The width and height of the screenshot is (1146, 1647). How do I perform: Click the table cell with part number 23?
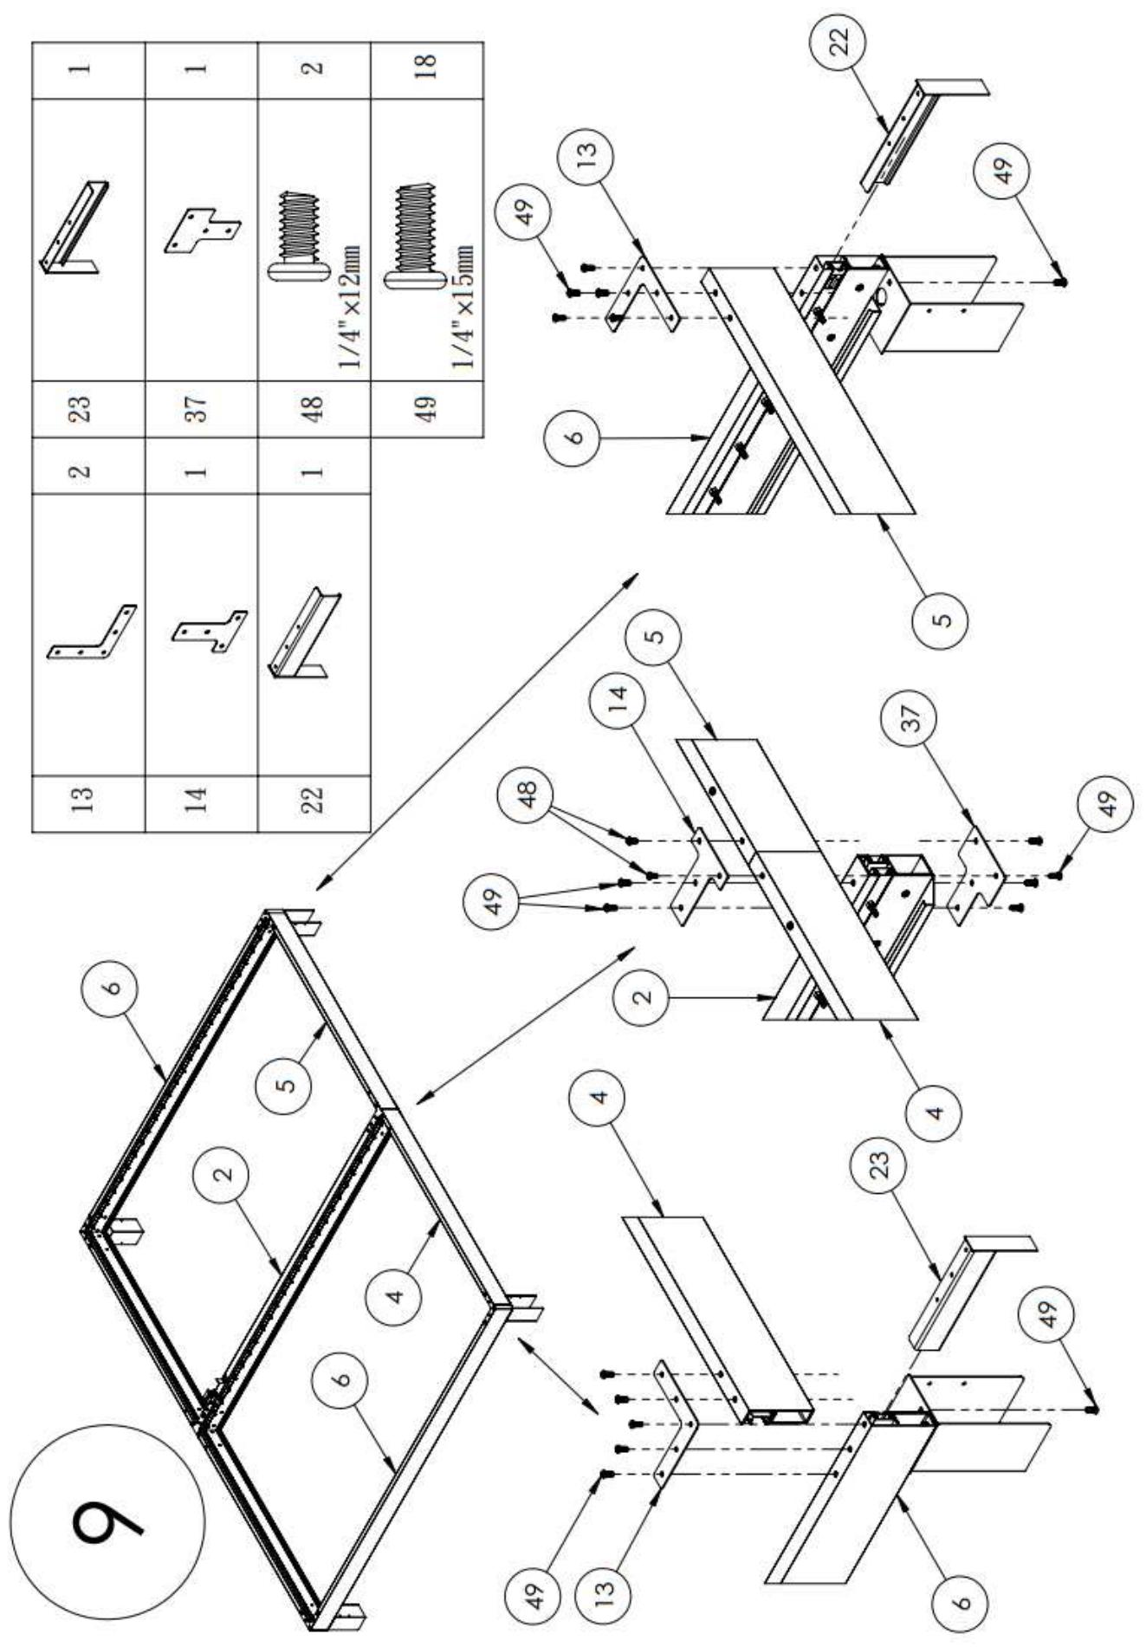(x=86, y=408)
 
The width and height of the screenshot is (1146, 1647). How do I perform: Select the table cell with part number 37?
(x=198, y=408)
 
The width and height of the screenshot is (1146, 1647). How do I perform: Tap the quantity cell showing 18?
(x=425, y=68)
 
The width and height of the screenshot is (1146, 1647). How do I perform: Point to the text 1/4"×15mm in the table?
(x=463, y=305)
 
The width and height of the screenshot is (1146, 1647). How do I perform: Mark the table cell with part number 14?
(x=198, y=798)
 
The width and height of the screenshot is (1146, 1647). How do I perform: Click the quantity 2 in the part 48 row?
(x=314, y=68)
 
